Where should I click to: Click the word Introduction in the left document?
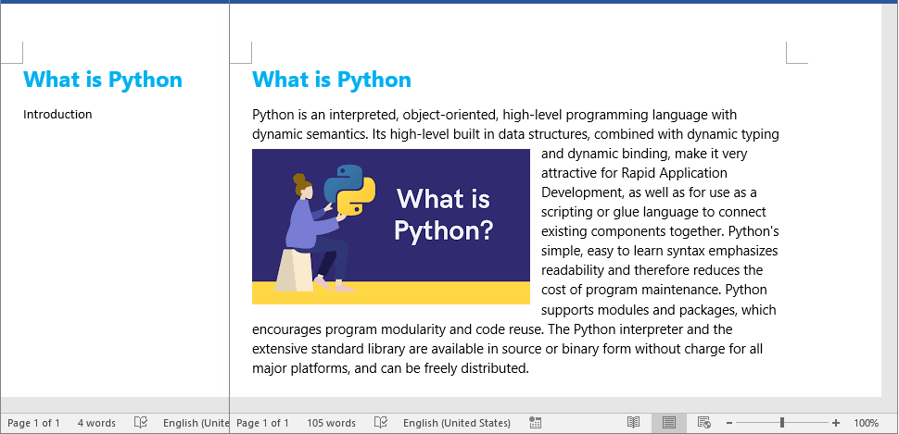[x=57, y=115]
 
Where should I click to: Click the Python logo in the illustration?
[x=349, y=190]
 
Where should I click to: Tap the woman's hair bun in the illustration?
[x=298, y=179]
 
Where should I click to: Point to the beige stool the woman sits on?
[x=294, y=270]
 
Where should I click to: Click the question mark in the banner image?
[x=485, y=230]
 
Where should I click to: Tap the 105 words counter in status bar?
[x=331, y=423]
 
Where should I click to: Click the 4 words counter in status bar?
[x=96, y=423]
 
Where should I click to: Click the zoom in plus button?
[x=836, y=423]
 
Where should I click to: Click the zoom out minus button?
[x=729, y=423]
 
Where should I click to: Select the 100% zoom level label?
[x=866, y=423]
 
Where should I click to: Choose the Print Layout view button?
[x=668, y=423]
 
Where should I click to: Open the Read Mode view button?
[x=634, y=423]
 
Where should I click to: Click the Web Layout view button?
[x=704, y=423]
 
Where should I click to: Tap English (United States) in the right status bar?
[x=456, y=423]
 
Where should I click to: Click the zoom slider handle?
[x=782, y=423]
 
